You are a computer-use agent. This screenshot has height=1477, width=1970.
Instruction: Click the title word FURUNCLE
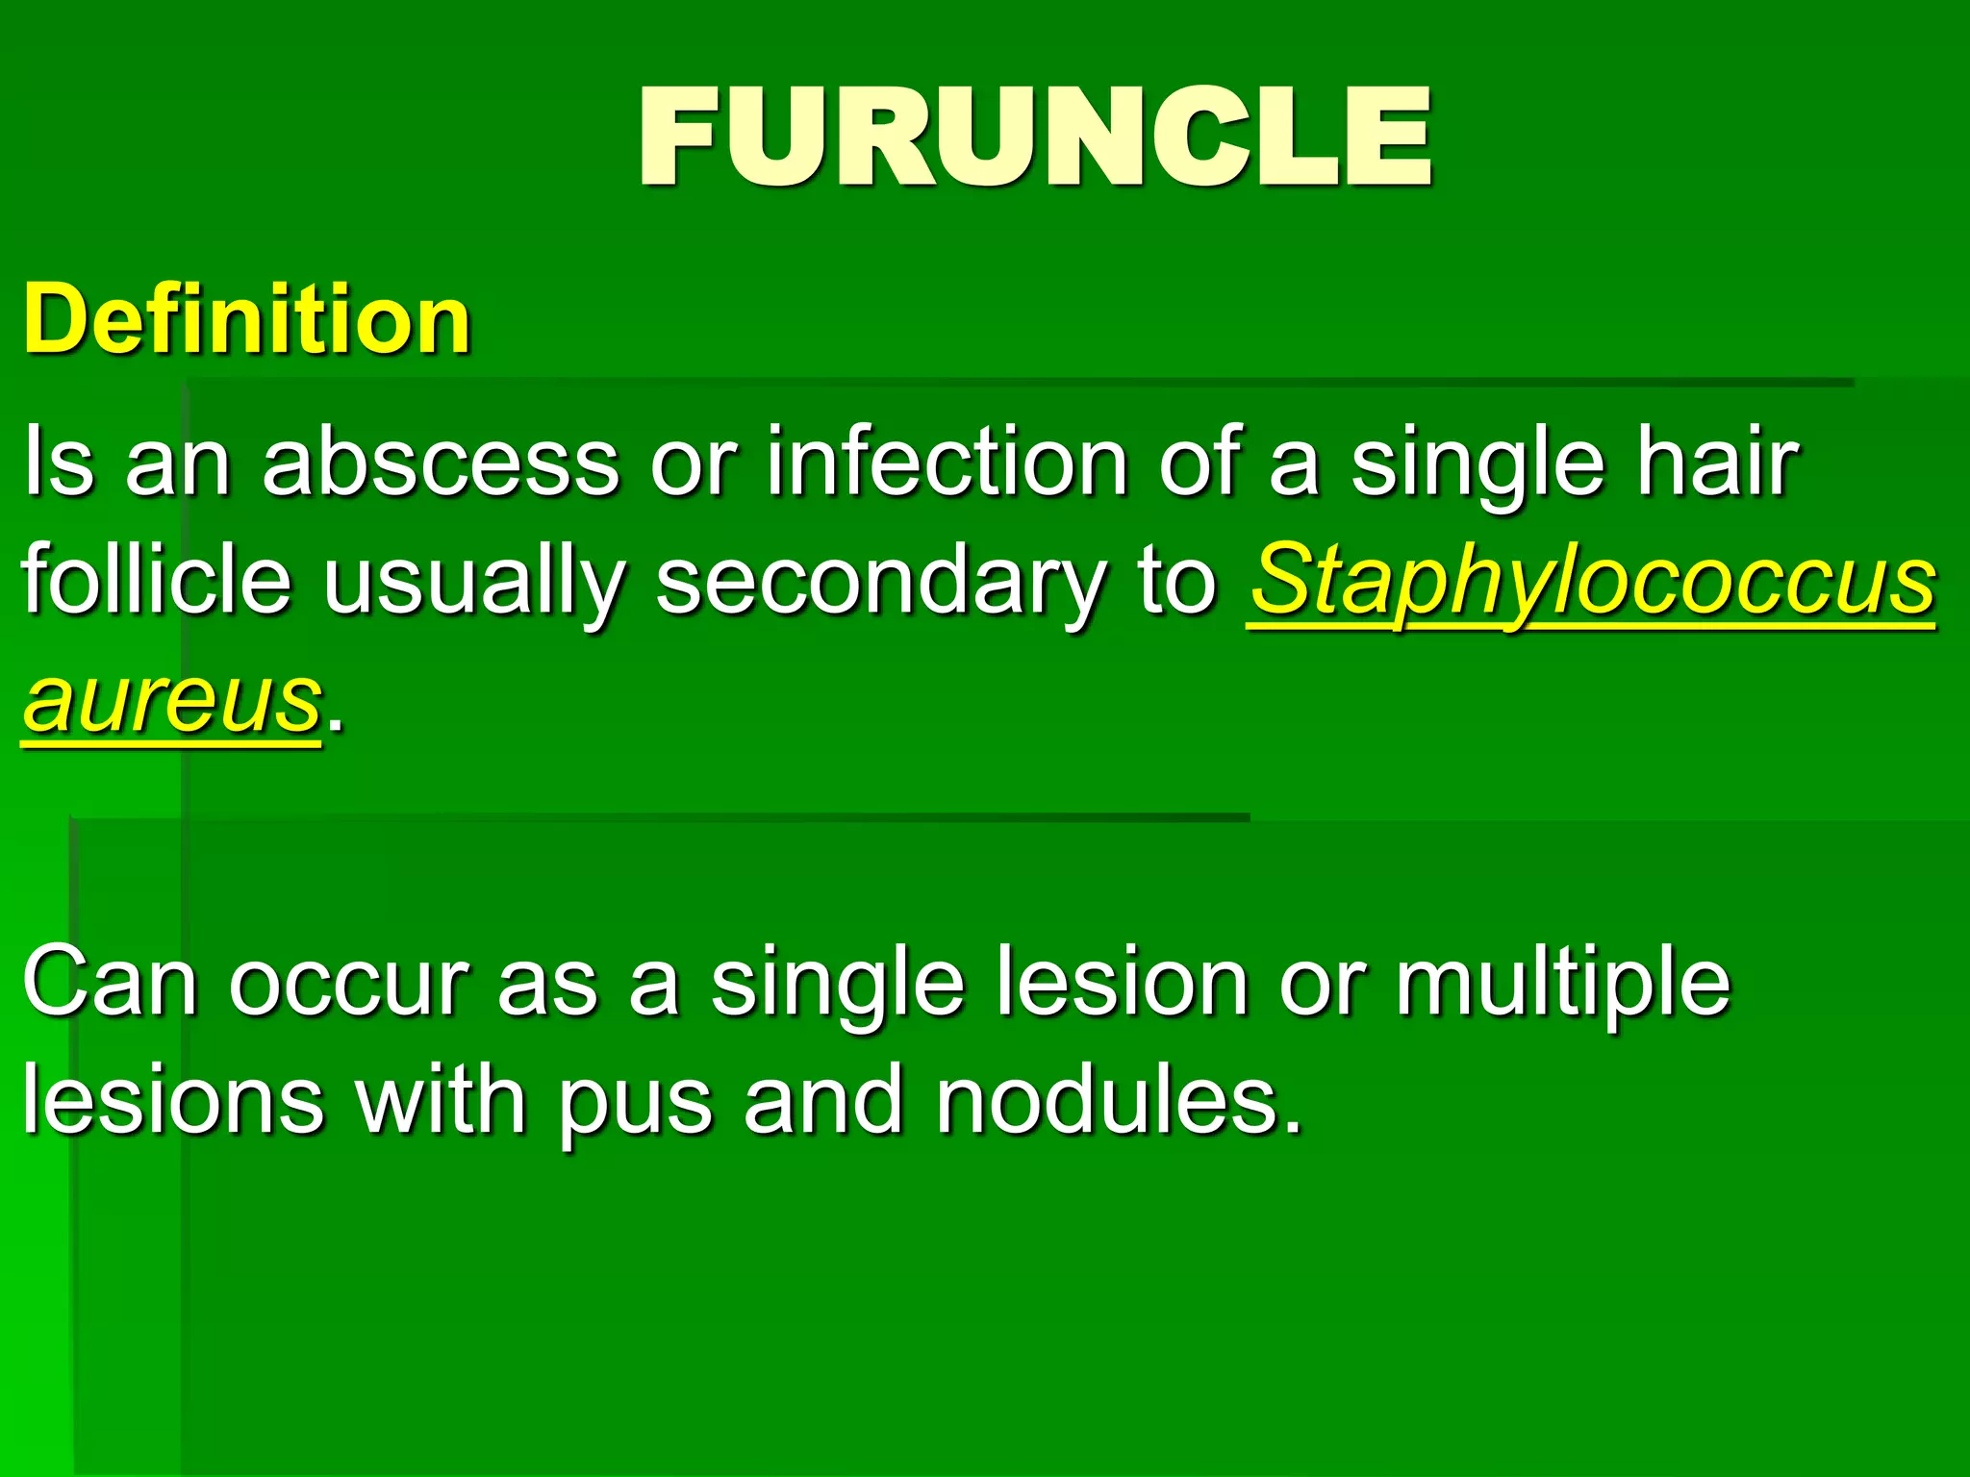1035,137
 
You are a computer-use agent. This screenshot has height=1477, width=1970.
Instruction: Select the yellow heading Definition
247,319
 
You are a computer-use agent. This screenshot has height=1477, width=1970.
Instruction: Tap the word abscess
441,463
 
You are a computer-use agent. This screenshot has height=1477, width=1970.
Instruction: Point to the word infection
946,463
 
